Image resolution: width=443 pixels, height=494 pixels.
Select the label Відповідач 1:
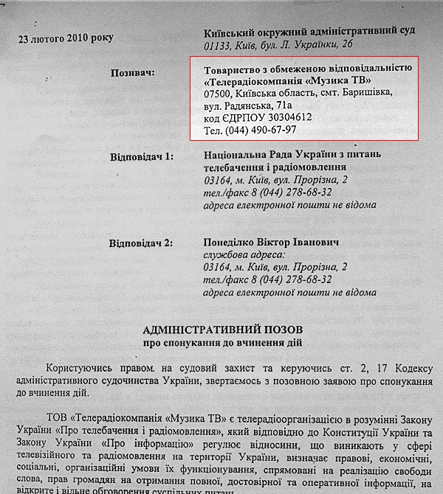pos(143,157)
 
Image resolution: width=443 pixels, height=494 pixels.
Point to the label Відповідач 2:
pos(143,243)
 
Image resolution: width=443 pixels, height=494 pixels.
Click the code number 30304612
pos(279,117)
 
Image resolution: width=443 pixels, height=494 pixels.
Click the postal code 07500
pos(219,93)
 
